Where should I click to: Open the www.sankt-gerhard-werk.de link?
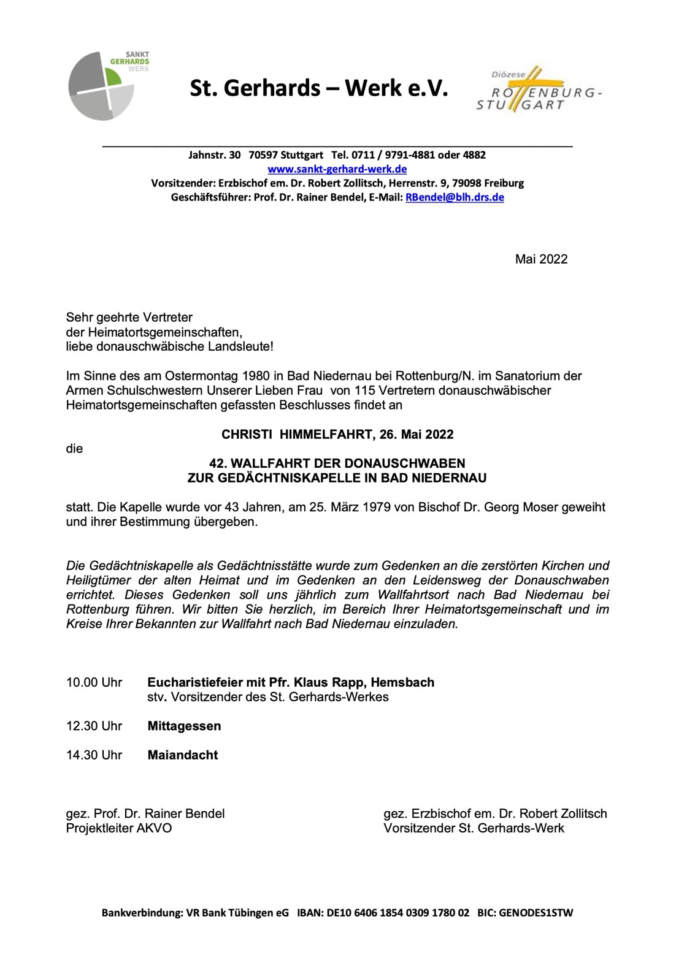[337, 169]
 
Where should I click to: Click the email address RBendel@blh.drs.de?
[455, 197]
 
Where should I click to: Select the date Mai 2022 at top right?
[541, 259]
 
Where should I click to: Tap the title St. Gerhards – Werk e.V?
[318, 89]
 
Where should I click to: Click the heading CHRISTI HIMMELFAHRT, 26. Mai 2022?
[337, 435]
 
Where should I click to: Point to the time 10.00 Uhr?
[94, 683]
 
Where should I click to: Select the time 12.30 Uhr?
[94, 726]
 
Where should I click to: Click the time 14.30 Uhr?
[94, 755]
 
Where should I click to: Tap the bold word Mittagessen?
[184, 726]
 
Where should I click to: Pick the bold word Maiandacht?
[182, 755]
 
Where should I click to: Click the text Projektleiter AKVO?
[119, 829]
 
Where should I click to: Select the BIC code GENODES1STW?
[535, 913]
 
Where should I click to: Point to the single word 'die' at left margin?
[74, 449]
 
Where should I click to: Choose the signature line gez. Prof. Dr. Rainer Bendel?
[145, 814]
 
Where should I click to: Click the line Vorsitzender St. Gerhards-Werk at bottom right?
[474, 829]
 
